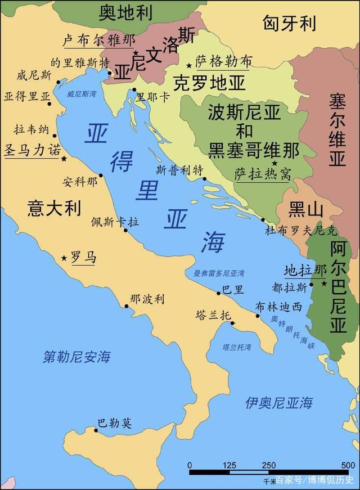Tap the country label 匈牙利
click(x=289, y=23)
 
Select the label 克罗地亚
click(x=209, y=83)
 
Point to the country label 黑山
click(x=306, y=210)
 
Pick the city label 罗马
click(x=83, y=258)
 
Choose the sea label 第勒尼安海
click(x=77, y=356)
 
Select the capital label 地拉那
click(x=305, y=270)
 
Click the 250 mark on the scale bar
click(x=268, y=465)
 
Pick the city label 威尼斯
click(x=34, y=75)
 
